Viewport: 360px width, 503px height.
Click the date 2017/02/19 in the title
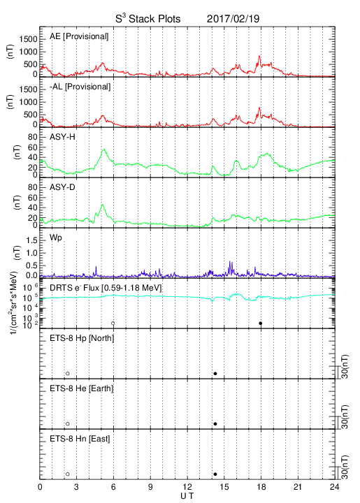point(233,19)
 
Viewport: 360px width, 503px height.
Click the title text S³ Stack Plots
point(148,18)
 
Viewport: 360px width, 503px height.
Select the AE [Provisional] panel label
point(79,36)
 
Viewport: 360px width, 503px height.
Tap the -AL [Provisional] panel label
point(80,87)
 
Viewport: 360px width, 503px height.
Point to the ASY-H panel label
point(62,137)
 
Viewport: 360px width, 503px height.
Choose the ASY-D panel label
point(62,187)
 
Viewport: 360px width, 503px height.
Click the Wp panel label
point(56,238)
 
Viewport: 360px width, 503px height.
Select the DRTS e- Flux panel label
point(106,288)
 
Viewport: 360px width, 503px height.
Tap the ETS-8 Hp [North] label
point(82,338)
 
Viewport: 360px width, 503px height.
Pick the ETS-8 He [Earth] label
point(82,388)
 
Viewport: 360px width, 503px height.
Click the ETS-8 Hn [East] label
point(80,439)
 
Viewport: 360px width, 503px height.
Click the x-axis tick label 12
point(187,487)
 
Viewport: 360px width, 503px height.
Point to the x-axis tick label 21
point(298,487)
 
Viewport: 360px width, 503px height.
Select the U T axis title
point(187,496)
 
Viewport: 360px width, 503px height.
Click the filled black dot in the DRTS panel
point(261,323)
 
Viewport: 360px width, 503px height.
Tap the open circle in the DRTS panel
point(113,323)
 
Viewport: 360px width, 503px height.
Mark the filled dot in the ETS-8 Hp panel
point(215,373)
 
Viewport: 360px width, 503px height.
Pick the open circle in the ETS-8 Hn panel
point(68,474)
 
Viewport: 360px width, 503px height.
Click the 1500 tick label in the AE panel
point(28,39)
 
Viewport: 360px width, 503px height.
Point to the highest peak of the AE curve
point(259,56)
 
